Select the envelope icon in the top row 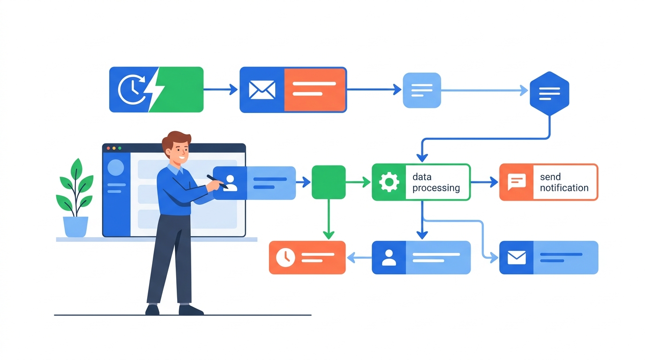(x=262, y=90)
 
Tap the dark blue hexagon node (x=549, y=93)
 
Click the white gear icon (x=389, y=182)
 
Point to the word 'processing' (x=436, y=188)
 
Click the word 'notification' (x=564, y=188)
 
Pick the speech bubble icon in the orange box (x=517, y=182)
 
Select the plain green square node (x=329, y=182)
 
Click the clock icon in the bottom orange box (x=285, y=257)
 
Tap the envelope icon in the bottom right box (x=517, y=257)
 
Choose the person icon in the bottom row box (x=389, y=257)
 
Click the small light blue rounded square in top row (x=422, y=90)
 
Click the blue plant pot (x=75, y=227)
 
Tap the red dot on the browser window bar (x=109, y=148)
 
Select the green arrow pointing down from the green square (x=329, y=219)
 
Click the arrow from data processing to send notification (x=484, y=182)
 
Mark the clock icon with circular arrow (x=132, y=89)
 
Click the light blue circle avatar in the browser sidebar (x=116, y=167)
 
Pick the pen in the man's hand (x=217, y=182)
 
